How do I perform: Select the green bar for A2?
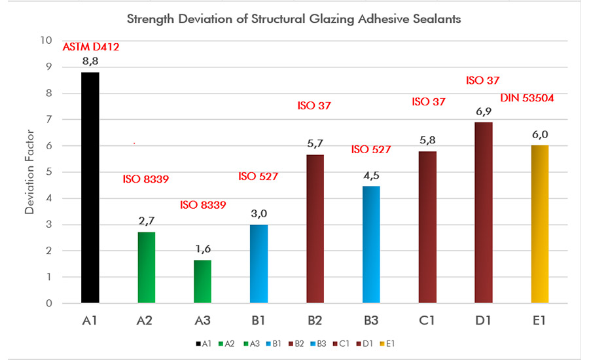(147, 268)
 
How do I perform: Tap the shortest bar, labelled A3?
(202, 282)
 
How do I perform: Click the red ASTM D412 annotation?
(91, 47)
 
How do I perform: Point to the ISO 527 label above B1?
(259, 176)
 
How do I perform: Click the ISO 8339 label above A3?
(203, 205)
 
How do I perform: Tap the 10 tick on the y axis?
(46, 41)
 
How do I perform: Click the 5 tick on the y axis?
(48, 172)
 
